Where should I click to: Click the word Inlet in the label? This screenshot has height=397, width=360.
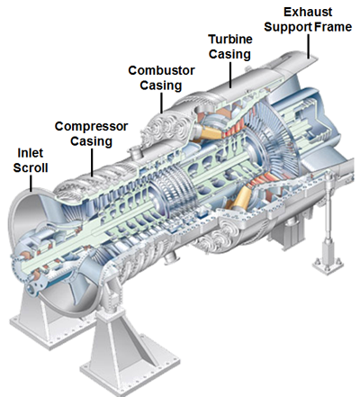pyautogui.click(x=31, y=153)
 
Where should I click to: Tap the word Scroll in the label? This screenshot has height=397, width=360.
pyautogui.click(x=31, y=167)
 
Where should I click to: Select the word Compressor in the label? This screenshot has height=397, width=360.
pyautogui.click(x=91, y=127)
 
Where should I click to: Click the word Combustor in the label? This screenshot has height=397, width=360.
pyautogui.click(x=161, y=71)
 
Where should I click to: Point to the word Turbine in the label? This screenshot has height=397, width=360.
pyautogui.click(x=230, y=40)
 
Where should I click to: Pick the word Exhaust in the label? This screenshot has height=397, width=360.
pyautogui.click(x=308, y=13)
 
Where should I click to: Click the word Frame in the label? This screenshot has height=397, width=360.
pyautogui.click(x=333, y=27)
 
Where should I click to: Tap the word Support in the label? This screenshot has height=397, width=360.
pyautogui.click(x=288, y=28)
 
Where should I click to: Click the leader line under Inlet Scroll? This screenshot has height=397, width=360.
pyautogui.click(x=31, y=184)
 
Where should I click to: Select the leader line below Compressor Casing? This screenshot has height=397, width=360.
pyautogui.click(x=92, y=162)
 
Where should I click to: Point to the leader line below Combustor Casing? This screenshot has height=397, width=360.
pyautogui.click(x=162, y=103)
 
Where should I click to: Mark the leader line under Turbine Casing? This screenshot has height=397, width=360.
pyautogui.click(x=230, y=75)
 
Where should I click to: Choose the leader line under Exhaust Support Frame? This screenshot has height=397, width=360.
pyautogui.click(x=308, y=46)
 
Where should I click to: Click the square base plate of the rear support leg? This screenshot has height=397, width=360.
pyautogui.click(x=328, y=265)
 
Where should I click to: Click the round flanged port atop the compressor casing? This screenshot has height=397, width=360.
pyautogui.click(x=136, y=151)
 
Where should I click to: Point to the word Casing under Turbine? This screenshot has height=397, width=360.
pyautogui.click(x=229, y=55)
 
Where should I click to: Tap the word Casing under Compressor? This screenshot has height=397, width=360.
pyautogui.click(x=92, y=141)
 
